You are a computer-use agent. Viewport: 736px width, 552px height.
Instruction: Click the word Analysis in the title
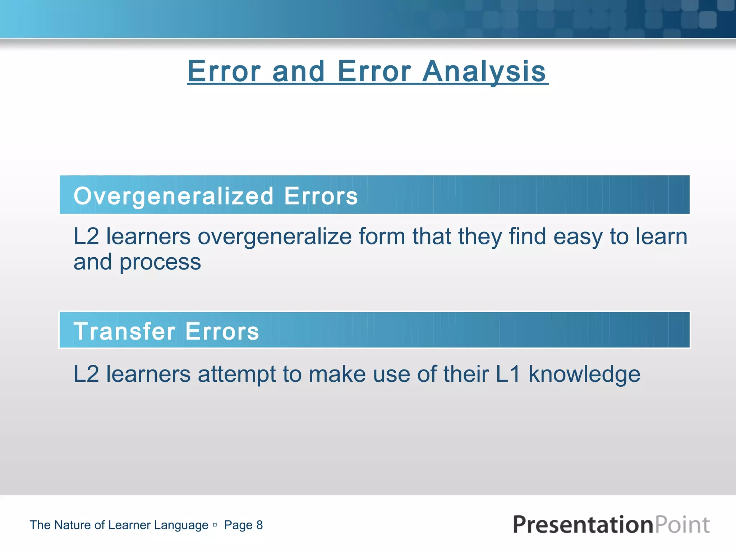(484, 72)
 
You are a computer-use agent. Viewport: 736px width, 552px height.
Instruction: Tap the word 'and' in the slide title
(299, 72)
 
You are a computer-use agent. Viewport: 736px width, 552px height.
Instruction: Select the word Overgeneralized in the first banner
(174, 196)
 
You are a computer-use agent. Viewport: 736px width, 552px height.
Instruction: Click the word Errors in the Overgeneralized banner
(321, 196)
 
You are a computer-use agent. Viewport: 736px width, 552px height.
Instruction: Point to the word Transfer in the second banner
(124, 331)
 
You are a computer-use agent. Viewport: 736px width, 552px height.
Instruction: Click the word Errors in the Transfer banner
(222, 331)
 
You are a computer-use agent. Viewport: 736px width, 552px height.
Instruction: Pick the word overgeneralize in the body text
(275, 237)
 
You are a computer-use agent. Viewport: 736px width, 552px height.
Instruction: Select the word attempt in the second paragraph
(236, 374)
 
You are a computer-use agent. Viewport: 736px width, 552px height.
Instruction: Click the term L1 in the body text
(508, 374)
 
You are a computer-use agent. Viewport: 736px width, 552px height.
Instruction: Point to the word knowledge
(584, 374)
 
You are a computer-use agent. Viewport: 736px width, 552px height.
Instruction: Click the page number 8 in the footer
(259, 525)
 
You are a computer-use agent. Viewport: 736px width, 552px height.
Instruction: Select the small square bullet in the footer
(215, 525)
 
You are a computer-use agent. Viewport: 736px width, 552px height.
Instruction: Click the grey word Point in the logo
(682, 525)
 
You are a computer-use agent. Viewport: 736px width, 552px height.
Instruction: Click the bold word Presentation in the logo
(583, 525)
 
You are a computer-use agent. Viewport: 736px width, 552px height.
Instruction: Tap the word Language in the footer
(181, 525)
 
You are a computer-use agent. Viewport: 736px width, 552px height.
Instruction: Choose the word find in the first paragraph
(527, 237)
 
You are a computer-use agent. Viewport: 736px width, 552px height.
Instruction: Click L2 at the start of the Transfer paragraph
(86, 374)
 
